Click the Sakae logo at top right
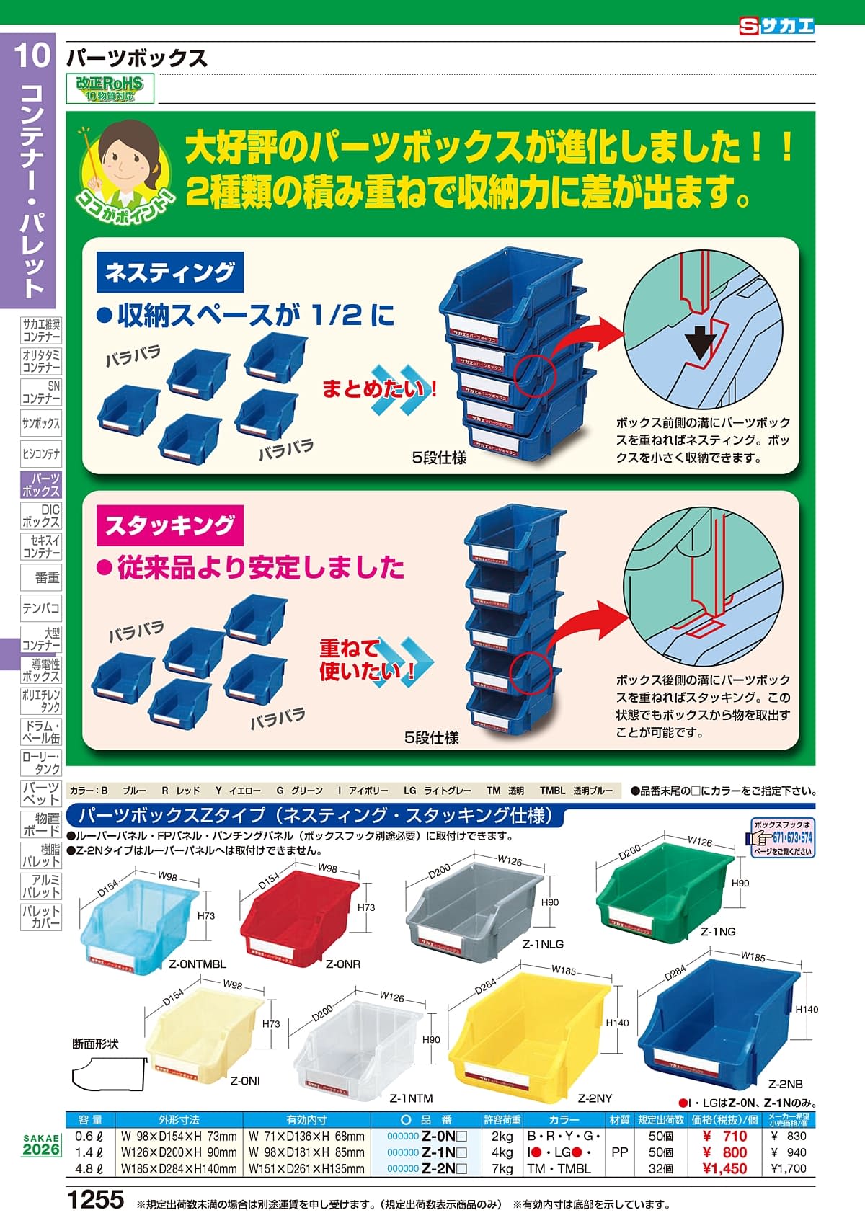coord(776,27)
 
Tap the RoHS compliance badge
coord(110,89)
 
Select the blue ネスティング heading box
coord(170,272)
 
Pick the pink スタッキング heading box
coord(170,525)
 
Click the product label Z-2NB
coord(785,1084)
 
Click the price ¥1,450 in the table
coord(725,1169)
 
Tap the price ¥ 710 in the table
coord(725,1137)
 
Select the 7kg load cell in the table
coord(502,1169)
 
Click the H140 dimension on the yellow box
coord(617,1023)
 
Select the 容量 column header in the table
coord(91,1120)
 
